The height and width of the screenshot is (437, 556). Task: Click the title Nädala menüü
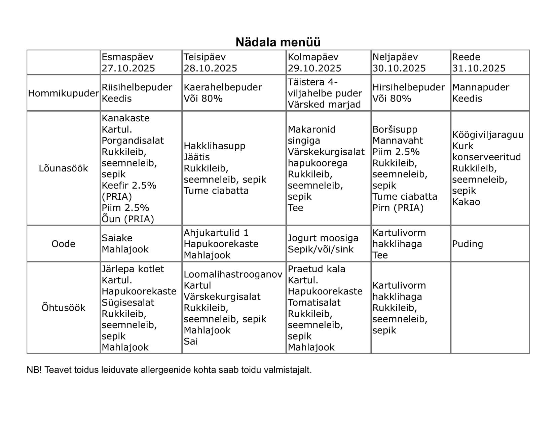click(278, 42)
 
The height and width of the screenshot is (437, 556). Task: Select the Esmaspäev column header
click(127, 57)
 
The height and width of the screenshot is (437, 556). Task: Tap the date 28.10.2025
click(210, 68)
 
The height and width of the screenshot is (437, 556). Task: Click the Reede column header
click(466, 57)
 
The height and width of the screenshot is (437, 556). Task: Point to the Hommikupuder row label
click(63, 93)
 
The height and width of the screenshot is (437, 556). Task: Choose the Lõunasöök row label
click(63, 168)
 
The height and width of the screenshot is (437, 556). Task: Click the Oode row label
click(63, 244)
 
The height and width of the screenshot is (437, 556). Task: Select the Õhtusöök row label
click(63, 308)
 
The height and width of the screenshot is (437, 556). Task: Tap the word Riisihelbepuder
click(137, 87)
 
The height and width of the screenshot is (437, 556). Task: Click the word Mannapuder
click(480, 87)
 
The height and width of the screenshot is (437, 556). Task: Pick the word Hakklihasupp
click(214, 146)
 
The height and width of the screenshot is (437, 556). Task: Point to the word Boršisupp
click(395, 129)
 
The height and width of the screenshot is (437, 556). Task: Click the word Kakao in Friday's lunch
click(466, 202)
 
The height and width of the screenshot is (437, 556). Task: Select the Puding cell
click(467, 244)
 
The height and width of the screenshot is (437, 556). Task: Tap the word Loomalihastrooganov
click(233, 274)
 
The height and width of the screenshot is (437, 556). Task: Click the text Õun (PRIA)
click(127, 219)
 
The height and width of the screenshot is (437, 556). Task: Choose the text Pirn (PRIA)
click(398, 208)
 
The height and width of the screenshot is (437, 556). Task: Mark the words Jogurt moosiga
click(323, 238)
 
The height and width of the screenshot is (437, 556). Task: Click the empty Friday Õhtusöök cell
click(490, 308)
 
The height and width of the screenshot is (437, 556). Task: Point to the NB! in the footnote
click(34, 370)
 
